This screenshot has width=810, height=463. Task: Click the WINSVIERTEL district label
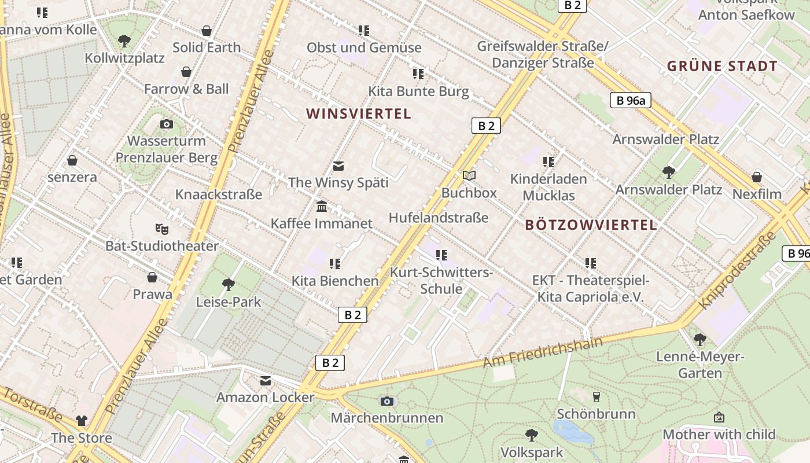359,113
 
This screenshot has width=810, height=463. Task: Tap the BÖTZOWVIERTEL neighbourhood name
591,225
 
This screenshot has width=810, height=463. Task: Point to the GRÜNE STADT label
722,66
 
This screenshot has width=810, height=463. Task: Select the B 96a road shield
630,100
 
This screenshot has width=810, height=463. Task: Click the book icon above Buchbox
469,175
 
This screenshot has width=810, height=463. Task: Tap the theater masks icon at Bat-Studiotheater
162,229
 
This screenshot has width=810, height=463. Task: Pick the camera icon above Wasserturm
167,124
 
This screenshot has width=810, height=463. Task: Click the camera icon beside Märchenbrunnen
387,401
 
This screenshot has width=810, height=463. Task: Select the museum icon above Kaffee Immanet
322,207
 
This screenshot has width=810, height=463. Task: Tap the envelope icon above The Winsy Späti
338,166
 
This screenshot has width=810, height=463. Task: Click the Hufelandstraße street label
439,218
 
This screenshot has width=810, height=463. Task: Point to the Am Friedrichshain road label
542,352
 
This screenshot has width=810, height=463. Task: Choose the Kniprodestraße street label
737,270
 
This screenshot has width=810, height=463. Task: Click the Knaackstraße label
219,194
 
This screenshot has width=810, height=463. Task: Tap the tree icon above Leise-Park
229,284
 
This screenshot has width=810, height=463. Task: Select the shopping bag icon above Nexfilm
757,177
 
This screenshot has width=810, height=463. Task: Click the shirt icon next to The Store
81,421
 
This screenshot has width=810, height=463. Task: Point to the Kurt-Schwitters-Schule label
441,280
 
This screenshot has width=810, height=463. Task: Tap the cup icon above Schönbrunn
597,396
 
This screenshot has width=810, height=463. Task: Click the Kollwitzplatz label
124,58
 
